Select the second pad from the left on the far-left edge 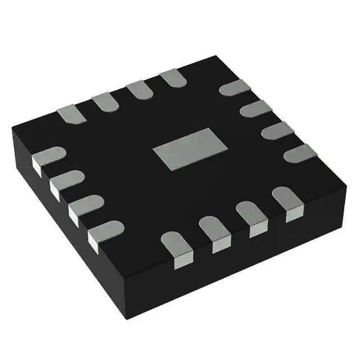[x=103, y=101]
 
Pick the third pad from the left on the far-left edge [x=138, y=90]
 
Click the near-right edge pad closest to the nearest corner [x=175, y=246]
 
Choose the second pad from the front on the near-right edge [x=213, y=231]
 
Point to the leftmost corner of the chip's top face [x=12, y=131]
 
